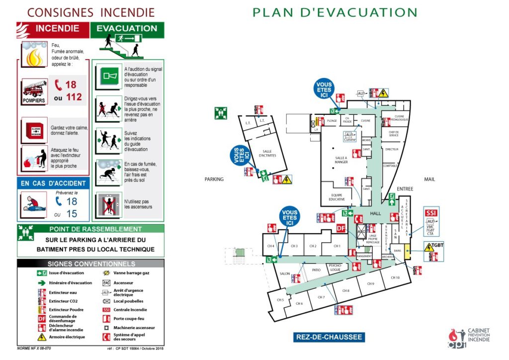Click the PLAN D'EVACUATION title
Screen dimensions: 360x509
point(335,12)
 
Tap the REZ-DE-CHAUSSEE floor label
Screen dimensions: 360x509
point(329,337)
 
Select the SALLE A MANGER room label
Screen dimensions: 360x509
point(341,160)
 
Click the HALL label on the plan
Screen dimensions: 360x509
point(375,213)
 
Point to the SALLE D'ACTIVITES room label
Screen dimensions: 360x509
point(267,154)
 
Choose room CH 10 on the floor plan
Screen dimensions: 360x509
point(395,277)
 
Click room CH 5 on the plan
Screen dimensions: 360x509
point(280,300)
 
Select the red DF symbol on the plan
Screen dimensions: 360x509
point(341,228)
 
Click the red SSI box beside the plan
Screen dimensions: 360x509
point(430,213)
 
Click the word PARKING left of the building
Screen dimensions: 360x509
point(214,179)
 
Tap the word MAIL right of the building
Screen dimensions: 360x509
point(429,179)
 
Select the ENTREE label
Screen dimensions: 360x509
point(405,189)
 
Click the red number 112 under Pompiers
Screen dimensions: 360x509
point(74,97)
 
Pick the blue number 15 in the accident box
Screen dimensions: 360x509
point(72,214)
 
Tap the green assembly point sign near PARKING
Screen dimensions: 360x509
point(221,113)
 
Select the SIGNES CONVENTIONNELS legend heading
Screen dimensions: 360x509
point(91,264)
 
